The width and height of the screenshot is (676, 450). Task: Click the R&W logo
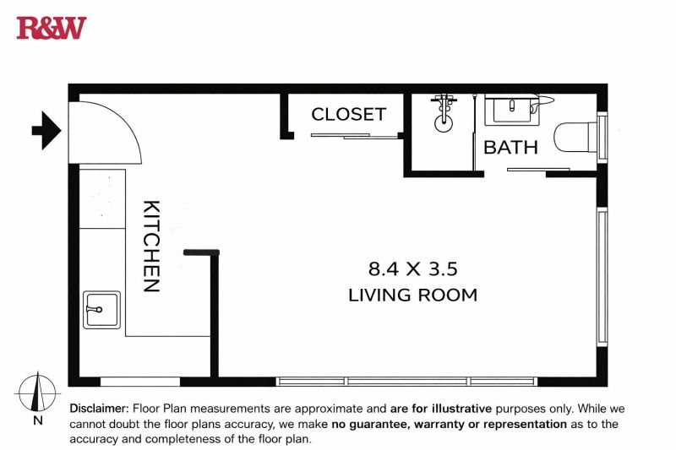click(x=52, y=28)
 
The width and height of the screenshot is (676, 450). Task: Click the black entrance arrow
click(x=46, y=130)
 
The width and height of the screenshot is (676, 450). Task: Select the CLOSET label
click(x=348, y=115)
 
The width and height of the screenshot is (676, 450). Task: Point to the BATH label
click(x=510, y=148)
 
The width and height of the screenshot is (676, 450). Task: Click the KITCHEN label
click(x=151, y=246)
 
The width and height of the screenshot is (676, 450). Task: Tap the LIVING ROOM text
click(x=412, y=295)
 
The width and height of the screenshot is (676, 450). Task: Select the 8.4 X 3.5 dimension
click(x=412, y=269)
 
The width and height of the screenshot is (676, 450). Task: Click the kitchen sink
click(x=101, y=310)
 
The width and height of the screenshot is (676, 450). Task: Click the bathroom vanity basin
click(x=512, y=110)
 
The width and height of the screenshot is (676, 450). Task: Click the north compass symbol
click(x=37, y=393)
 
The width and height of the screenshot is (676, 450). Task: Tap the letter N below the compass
click(x=38, y=420)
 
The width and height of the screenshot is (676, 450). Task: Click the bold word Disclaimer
click(x=99, y=409)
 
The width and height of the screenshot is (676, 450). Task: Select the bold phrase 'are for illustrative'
click(x=440, y=409)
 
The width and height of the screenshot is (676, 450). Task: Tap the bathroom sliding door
click(x=538, y=170)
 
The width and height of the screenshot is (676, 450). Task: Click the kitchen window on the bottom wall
click(x=140, y=382)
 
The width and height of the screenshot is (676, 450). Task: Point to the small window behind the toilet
click(x=602, y=138)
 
